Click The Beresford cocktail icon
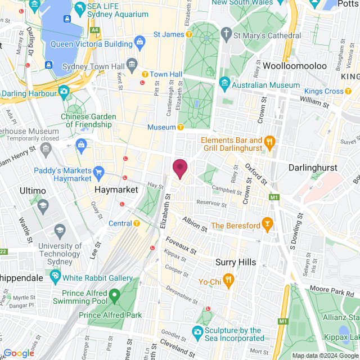tap(267, 226)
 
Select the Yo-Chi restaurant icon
tap(228, 279)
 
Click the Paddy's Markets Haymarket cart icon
tap(99, 171)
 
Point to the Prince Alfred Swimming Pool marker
tap(114, 294)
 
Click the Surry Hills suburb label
tap(236, 262)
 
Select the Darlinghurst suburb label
tap(312, 168)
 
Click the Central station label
tap(120, 223)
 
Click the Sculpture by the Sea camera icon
tap(197, 332)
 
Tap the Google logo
tap(19, 353)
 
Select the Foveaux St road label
tap(181, 244)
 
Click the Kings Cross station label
tap(323, 91)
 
